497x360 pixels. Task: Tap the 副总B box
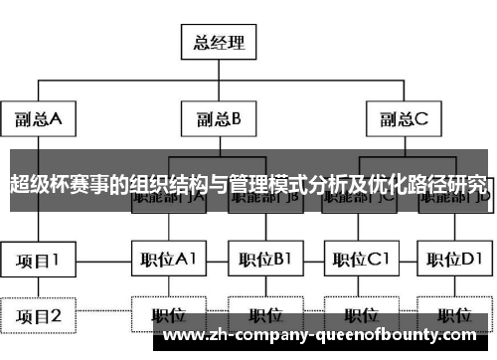pyautogui.click(x=219, y=120)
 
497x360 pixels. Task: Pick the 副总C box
pyautogui.click(x=402, y=120)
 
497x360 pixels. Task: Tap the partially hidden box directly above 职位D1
pyautogui.click(x=453, y=199)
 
